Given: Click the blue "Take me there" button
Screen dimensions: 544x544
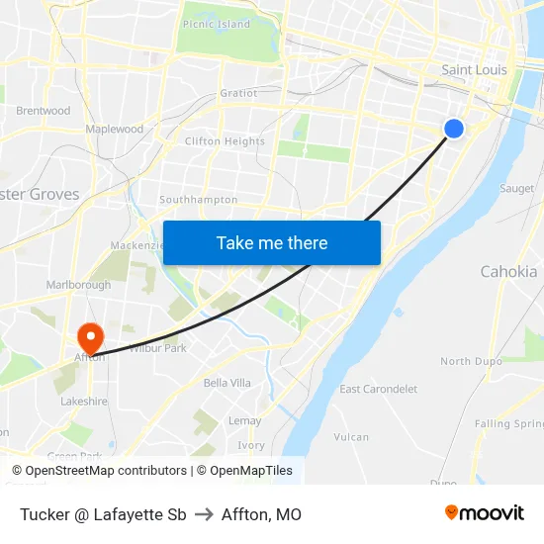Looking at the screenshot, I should tap(272, 242).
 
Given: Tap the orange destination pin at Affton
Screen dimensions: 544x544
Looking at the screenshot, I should tap(90, 335).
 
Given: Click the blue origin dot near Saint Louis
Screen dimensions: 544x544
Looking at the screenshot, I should tap(453, 129).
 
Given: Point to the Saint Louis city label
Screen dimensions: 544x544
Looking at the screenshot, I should tap(474, 70).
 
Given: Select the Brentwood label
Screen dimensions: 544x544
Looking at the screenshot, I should tap(44, 111).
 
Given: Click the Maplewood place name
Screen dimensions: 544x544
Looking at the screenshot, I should tap(115, 130).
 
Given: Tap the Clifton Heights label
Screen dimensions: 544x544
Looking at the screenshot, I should tap(225, 141).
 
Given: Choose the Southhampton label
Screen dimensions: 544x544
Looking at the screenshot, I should tap(199, 200).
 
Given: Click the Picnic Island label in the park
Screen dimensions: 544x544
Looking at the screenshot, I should tap(217, 25).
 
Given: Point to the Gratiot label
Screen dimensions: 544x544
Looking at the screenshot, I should tap(238, 93).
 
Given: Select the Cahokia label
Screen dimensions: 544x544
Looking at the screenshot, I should tap(508, 271).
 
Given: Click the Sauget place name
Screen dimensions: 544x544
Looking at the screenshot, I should tap(516, 188).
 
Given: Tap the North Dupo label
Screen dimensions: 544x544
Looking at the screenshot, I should tap(470, 362).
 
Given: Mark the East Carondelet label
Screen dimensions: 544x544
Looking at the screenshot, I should tap(379, 389).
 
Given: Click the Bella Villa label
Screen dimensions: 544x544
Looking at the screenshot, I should tap(227, 383).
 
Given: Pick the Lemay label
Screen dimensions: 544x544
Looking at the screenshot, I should tap(244, 420).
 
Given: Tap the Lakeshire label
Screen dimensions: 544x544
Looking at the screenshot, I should tap(84, 403).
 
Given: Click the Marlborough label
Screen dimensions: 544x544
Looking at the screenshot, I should tap(79, 285).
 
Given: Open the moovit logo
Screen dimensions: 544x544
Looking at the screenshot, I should tap(485, 513).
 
